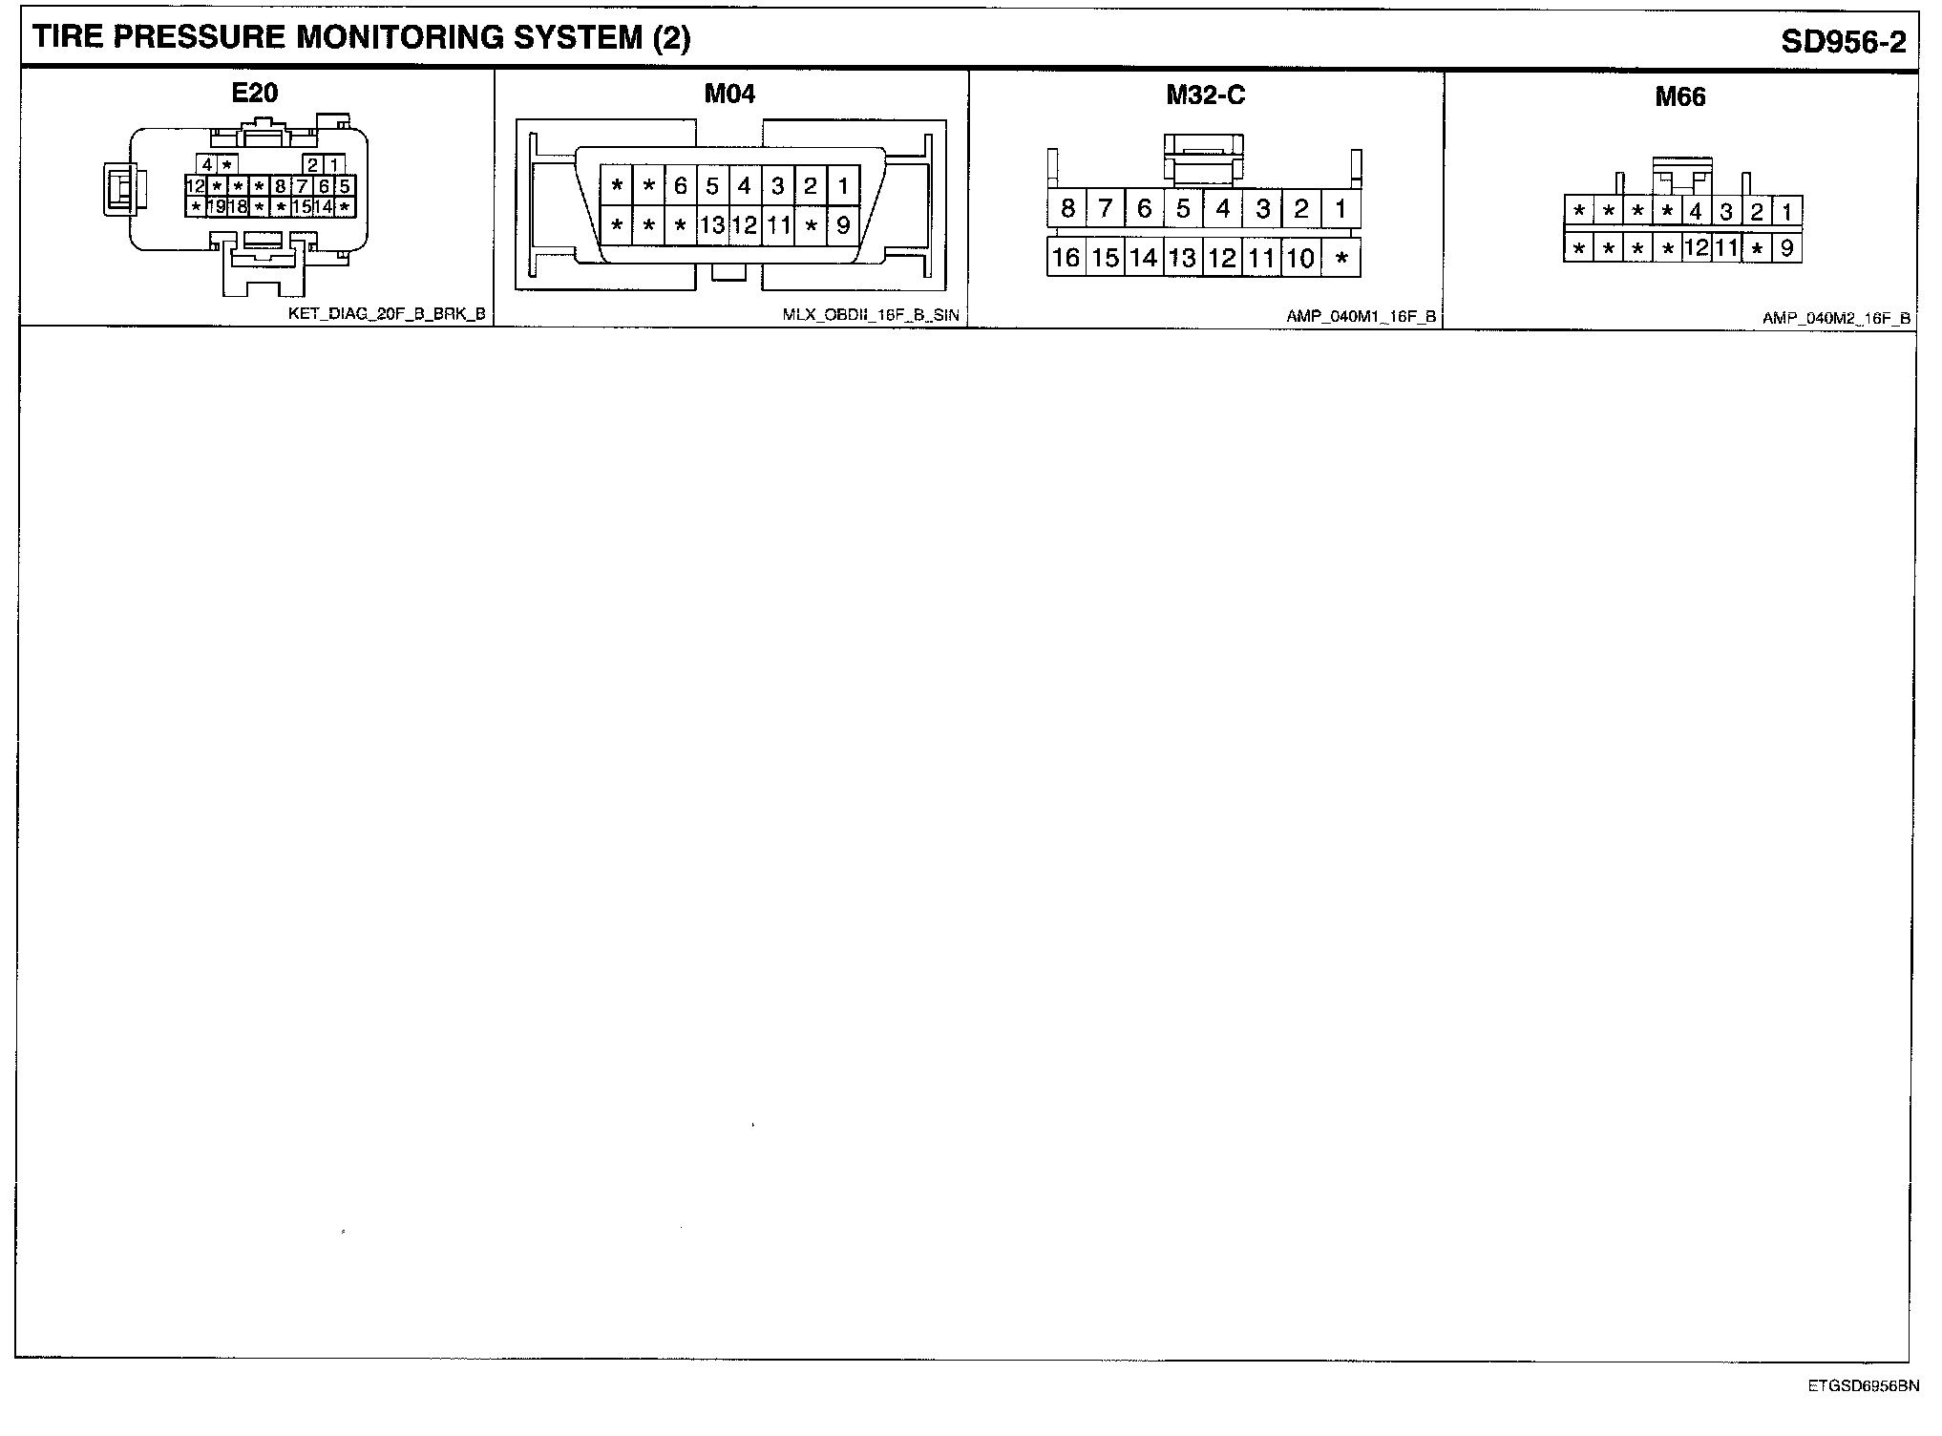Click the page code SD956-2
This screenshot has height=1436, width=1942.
(1843, 42)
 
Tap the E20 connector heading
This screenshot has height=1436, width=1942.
(255, 93)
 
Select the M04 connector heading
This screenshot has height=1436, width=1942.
(729, 94)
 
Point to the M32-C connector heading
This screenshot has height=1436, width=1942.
(1206, 95)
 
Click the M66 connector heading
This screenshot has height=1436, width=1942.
(1680, 97)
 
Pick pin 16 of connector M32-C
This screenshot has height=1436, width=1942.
(1066, 258)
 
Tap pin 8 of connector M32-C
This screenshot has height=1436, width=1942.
(1067, 208)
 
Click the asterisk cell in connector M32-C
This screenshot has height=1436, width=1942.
(1341, 259)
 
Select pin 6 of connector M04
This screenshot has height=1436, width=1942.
(680, 185)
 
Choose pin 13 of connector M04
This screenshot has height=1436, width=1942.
(712, 226)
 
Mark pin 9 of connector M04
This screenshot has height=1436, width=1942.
(842, 226)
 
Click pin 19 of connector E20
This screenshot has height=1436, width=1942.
(217, 206)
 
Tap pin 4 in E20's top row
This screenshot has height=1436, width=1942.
(207, 164)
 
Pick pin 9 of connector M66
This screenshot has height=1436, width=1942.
(1786, 249)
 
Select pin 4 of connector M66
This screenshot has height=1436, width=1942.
(1696, 212)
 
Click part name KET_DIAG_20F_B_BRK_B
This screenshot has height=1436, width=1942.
(387, 313)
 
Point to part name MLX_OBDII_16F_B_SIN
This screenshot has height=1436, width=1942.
(870, 315)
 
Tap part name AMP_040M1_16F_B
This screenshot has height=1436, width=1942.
(1361, 317)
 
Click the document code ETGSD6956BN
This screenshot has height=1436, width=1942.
(1862, 1386)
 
